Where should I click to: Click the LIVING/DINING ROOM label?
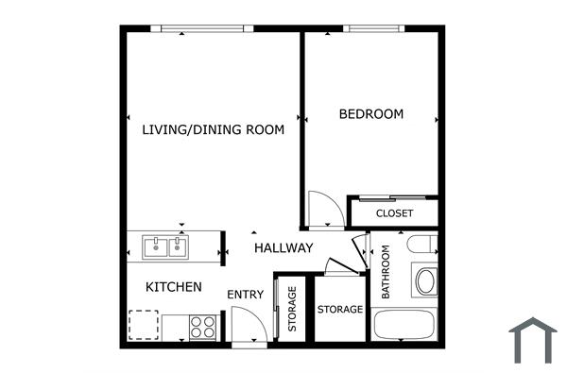(x=213, y=130)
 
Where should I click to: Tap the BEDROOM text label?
(x=370, y=114)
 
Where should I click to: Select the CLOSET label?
(x=394, y=213)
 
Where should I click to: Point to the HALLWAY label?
(x=283, y=248)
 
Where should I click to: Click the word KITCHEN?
(x=173, y=286)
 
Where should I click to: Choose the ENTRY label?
(x=245, y=295)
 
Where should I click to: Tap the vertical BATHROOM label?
(x=387, y=273)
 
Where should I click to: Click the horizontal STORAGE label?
(x=339, y=310)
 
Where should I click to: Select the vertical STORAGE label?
(x=292, y=310)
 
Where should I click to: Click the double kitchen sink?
(x=165, y=247)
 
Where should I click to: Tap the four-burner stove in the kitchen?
(x=203, y=327)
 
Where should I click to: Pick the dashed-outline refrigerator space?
(x=144, y=325)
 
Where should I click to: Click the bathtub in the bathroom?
(x=404, y=325)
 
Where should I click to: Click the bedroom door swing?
(x=321, y=210)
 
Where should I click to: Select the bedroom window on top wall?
(x=373, y=28)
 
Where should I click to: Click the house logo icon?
(x=533, y=340)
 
